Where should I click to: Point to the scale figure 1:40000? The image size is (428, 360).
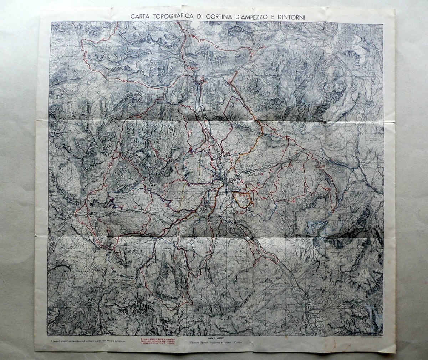click(218, 338)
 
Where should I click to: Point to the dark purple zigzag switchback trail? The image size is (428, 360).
click(113, 203)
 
